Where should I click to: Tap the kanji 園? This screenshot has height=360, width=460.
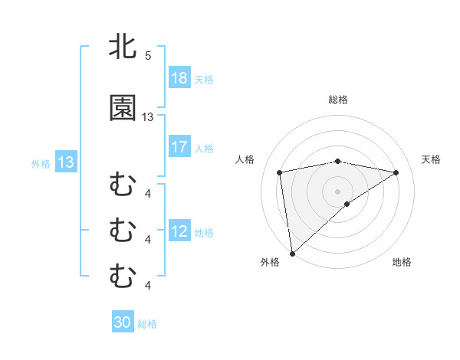click(123, 108)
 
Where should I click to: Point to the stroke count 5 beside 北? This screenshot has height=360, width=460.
click(148, 56)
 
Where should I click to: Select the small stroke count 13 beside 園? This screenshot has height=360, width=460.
click(148, 117)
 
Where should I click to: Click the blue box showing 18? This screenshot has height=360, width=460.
click(179, 78)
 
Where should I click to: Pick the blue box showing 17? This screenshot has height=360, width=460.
click(179, 147)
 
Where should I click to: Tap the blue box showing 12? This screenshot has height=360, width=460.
click(179, 231)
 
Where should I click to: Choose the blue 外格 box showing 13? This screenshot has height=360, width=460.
click(65, 162)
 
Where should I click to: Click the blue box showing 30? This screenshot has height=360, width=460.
click(123, 322)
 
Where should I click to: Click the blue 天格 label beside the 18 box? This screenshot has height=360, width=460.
click(204, 79)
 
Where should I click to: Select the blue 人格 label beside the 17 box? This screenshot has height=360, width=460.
click(204, 148)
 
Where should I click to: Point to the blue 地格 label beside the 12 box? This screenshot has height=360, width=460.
click(204, 232)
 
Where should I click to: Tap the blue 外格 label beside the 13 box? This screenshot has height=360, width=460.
click(41, 163)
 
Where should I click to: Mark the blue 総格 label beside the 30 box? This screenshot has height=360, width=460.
click(147, 323)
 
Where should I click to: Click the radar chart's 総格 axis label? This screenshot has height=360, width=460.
click(338, 100)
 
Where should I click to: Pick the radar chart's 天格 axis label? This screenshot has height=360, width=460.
click(432, 159)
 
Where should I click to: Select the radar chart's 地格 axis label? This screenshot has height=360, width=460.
click(402, 263)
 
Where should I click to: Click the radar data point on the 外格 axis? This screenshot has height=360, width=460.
click(291, 254)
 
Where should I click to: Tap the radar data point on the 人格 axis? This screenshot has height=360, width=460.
click(281, 172)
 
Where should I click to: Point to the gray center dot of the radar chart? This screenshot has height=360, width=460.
click(338, 191)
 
